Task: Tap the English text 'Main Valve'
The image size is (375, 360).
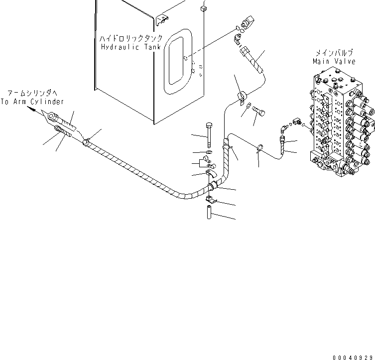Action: pyautogui.click(x=334, y=61)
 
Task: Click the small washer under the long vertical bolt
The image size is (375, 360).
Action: pyautogui.click(x=209, y=151)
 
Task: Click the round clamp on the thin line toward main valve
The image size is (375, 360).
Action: pyautogui.click(x=260, y=147)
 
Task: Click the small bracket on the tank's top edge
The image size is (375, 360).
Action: pyautogui.click(x=161, y=19)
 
